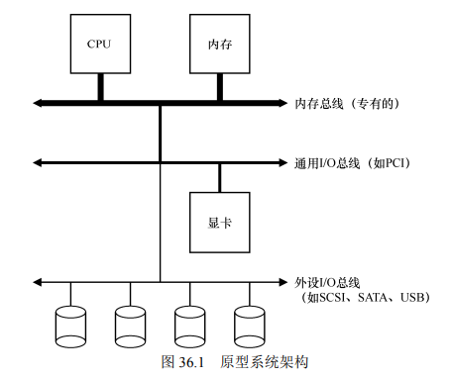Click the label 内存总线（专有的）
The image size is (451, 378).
point(347,104)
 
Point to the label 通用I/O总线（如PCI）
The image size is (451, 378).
point(353,163)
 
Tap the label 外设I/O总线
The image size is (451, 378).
point(327,283)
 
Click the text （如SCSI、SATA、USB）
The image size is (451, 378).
point(365,297)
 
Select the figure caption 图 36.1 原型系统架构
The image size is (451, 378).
point(235,362)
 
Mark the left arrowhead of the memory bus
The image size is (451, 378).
point(38,103)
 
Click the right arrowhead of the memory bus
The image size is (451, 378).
point(283,103)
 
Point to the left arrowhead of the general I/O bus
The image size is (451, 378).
point(38,162)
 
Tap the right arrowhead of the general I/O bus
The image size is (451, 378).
point(283,162)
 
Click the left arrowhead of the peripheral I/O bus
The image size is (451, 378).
point(38,282)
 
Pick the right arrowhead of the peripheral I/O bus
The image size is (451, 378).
point(283,282)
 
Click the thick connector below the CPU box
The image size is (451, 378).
point(101,87)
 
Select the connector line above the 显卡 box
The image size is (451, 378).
point(220,178)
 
